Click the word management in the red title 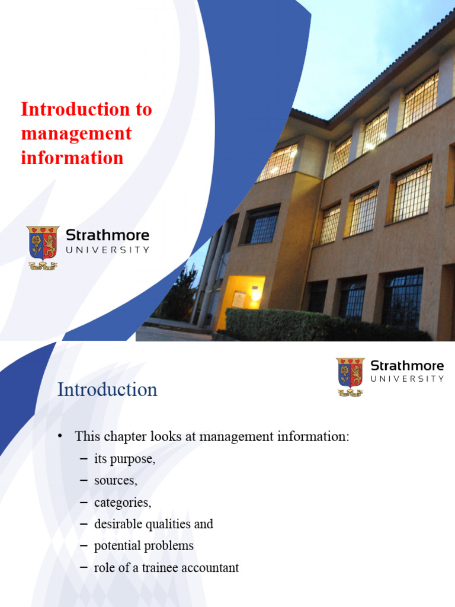(x=76, y=134)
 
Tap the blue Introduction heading (x=107, y=389)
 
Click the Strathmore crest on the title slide (x=43, y=248)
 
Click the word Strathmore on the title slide (x=107, y=235)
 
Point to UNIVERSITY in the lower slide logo (x=407, y=379)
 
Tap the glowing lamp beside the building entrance (x=256, y=296)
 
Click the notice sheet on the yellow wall (x=239, y=299)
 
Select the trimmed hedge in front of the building (x=321, y=325)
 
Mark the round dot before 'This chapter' (x=60, y=436)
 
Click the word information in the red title (x=72, y=158)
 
